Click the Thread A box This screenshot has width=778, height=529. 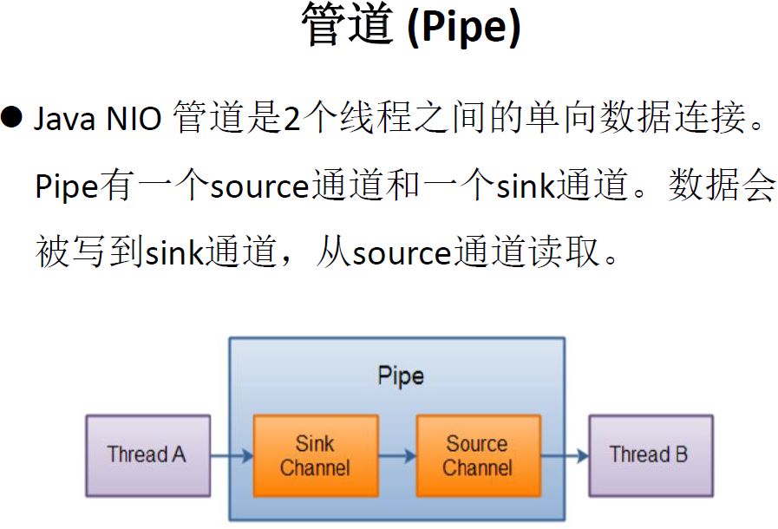pyautogui.click(x=147, y=455)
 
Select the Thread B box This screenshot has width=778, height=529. pyautogui.click(x=651, y=455)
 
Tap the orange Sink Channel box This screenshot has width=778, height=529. pyautogui.click(x=315, y=456)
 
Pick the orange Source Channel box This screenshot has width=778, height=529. pyautogui.click(x=478, y=456)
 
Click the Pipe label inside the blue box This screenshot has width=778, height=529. pyautogui.click(x=401, y=376)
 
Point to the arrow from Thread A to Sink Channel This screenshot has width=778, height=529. pyautogui.click(x=232, y=455)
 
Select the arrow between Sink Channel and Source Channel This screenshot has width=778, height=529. pyautogui.click(x=397, y=455)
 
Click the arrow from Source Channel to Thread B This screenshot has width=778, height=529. pyautogui.click(x=565, y=455)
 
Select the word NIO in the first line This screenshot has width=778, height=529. pyautogui.click(x=134, y=119)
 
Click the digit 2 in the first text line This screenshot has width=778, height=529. pyautogui.click(x=291, y=119)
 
